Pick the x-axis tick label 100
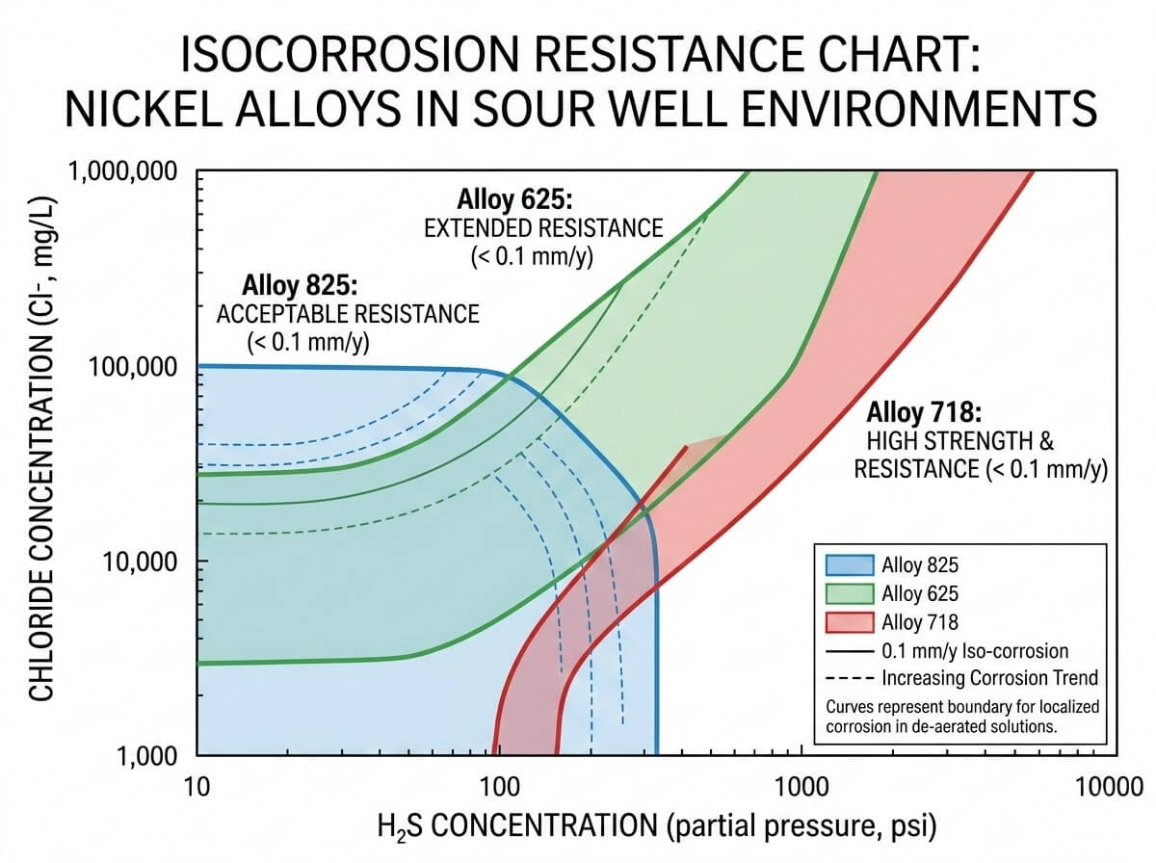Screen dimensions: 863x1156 point(498,784)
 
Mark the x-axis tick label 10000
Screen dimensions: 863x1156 point(1100,784)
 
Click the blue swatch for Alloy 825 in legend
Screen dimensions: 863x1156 point(850,565)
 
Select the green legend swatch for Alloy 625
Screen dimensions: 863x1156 point(850,593)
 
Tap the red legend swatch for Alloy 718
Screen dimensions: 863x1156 point(850,622)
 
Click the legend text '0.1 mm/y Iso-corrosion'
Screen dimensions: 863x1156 point(975,651)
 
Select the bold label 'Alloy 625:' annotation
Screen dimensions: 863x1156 point(514,201)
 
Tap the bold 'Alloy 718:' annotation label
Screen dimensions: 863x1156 point(925,415)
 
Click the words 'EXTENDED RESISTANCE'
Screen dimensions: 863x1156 point(544,229)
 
